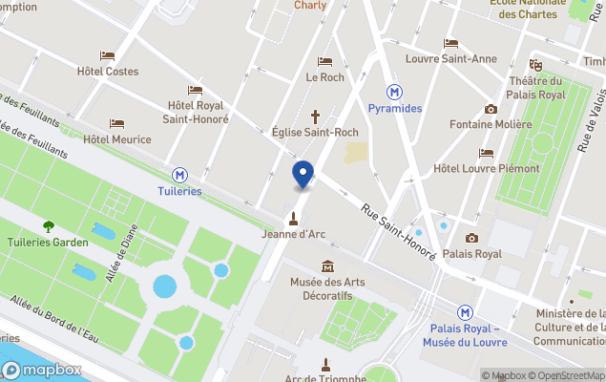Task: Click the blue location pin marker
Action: [x=302, y=175]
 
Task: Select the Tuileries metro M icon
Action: [x=179, y=175]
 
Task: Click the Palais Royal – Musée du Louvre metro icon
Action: [x=465, y=312]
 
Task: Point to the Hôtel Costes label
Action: [x=108, y=72]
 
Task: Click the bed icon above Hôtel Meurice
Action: [x=116, y=123]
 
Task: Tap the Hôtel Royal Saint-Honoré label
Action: [x=198, y=112]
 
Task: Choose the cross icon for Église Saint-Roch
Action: [x=315, y=117]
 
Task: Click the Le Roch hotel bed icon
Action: [x=324, y=61]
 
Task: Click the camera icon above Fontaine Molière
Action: [x=491, y=109]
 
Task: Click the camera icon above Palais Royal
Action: [x=471, y=238]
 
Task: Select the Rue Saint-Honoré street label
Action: [x=398, y=230]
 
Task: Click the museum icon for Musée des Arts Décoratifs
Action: [x=328, y=265]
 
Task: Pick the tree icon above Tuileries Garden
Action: [x=49, y=226]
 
